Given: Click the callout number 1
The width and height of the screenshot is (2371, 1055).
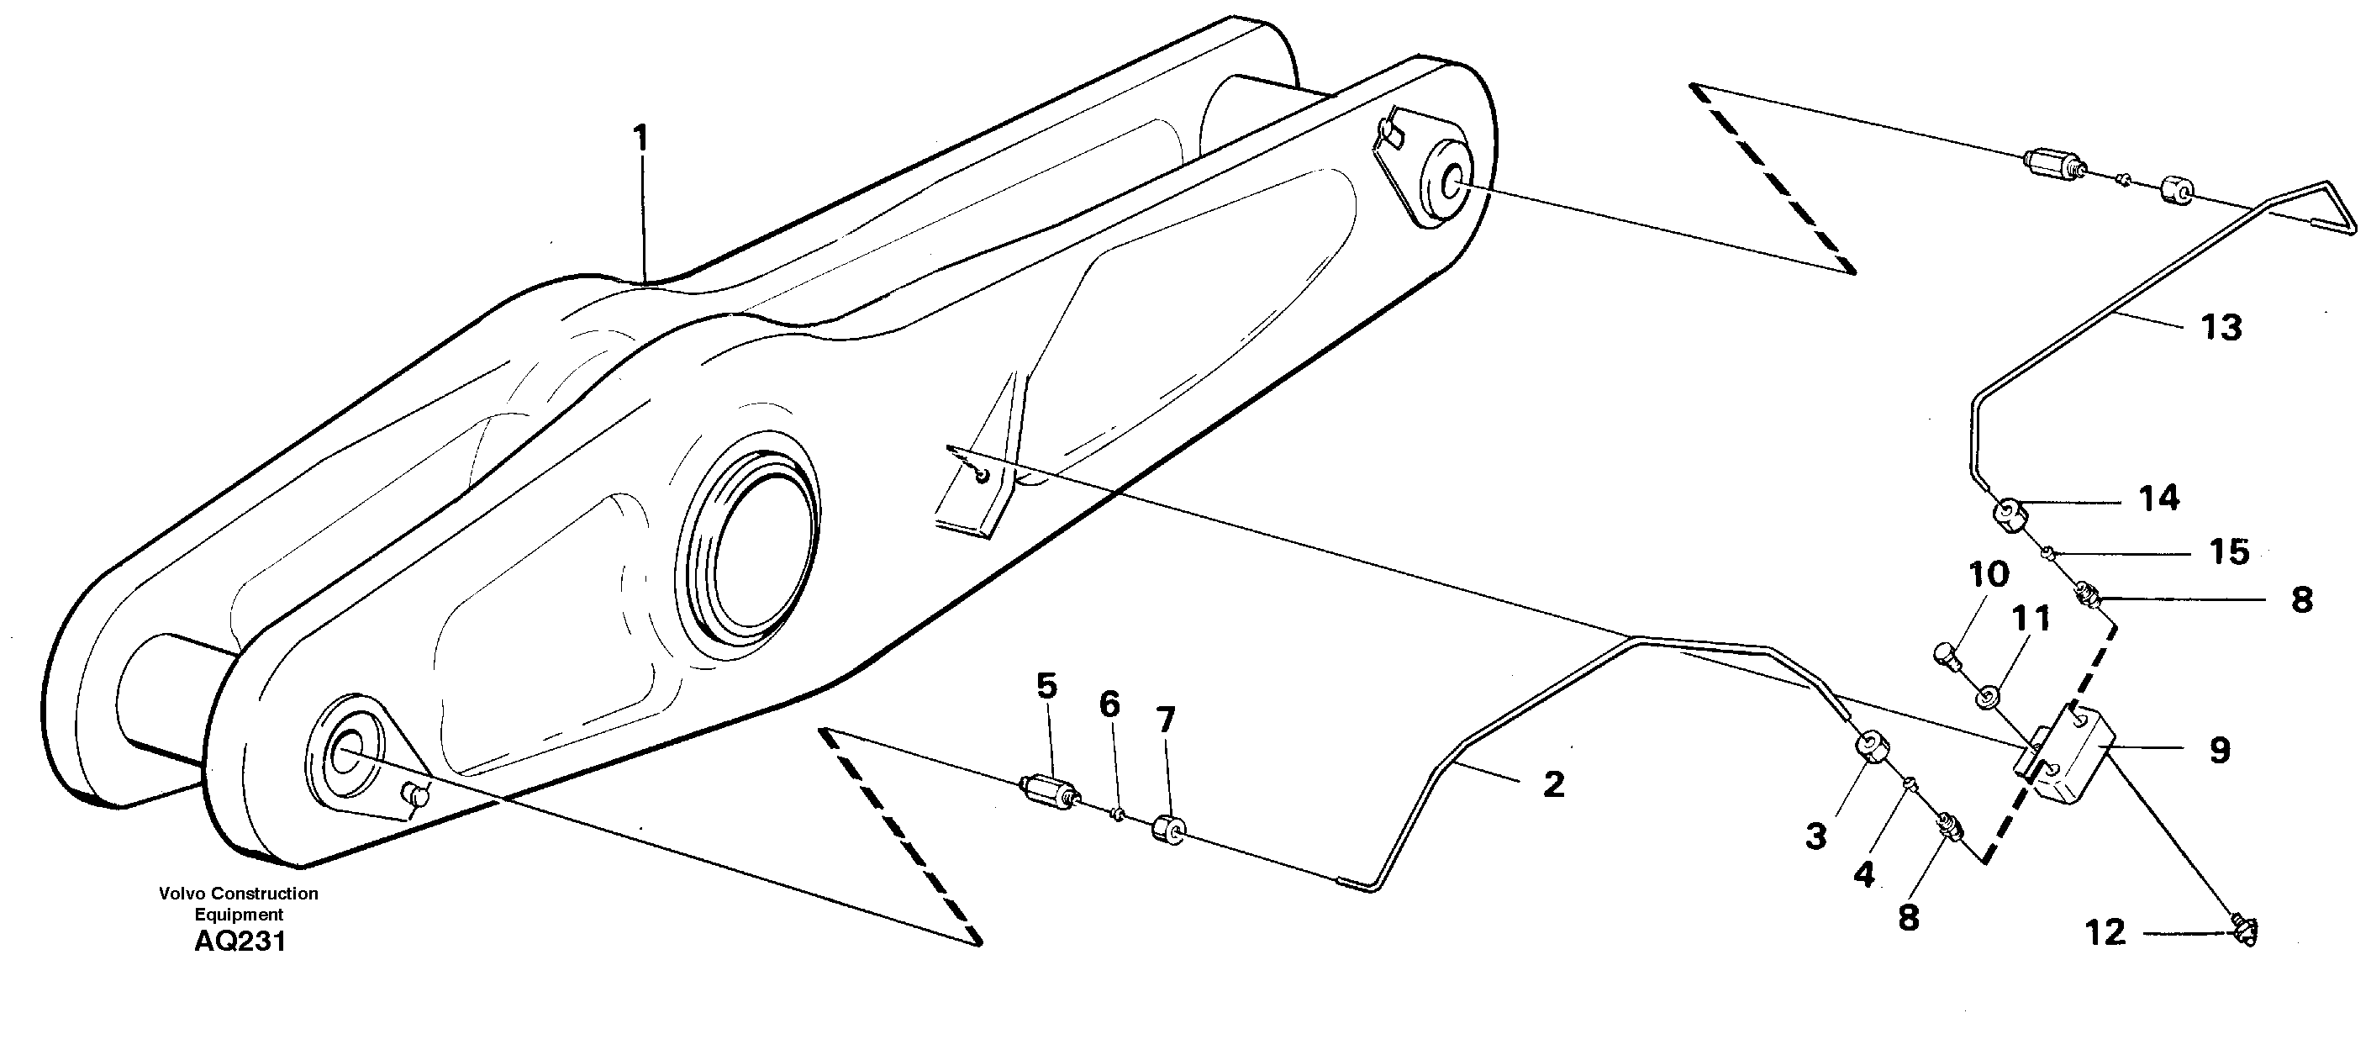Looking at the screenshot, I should point(640,140).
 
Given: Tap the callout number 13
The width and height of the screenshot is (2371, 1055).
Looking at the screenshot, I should point(2221,328).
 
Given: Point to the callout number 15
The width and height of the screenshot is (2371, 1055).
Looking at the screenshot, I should point(2229,552).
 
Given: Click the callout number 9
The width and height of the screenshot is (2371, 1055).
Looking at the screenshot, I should point(2220,751).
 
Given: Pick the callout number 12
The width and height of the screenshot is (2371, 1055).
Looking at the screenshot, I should point(2106,933).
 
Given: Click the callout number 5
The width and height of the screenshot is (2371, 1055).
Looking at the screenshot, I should point(1046,686).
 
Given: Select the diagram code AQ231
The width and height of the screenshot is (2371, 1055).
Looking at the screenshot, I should point(240,942).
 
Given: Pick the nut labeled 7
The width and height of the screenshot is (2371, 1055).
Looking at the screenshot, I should point(1169,830).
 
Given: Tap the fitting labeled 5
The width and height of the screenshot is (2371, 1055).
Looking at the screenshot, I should point(1049,791).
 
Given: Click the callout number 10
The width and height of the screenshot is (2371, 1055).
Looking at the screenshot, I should point(1988,575).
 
